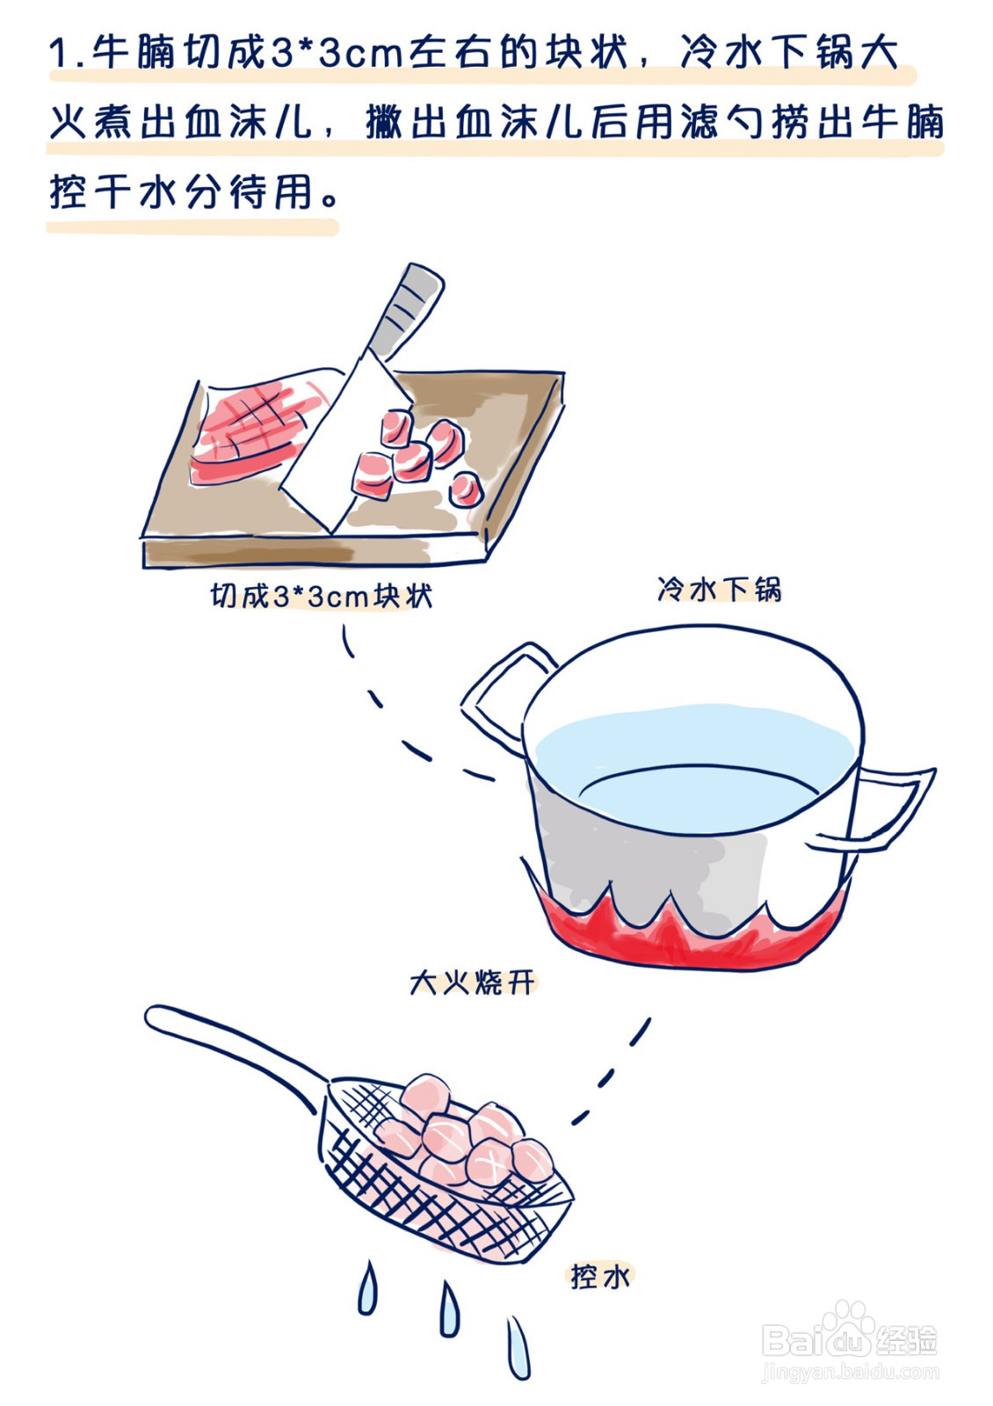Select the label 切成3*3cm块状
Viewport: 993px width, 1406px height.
point(322,597)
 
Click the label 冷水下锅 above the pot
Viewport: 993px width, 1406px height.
point(719,589)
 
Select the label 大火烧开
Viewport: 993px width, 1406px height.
point(473,982)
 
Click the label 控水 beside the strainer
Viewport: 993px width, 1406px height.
point(600,1276)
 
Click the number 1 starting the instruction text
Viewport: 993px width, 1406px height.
point(60,54)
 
